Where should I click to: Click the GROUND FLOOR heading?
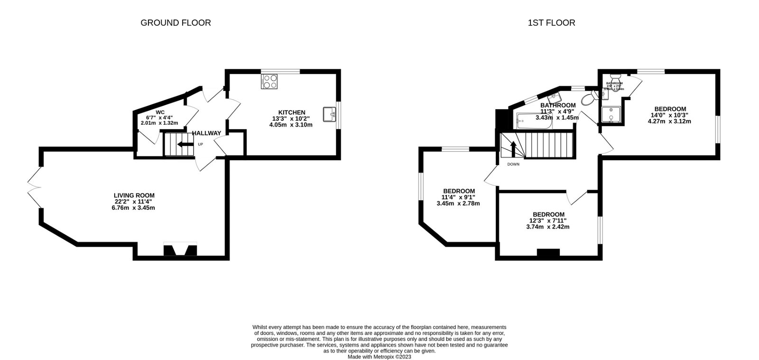click(176, 23)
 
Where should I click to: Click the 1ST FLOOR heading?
click(551, 23)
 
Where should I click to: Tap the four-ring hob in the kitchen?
click(269, 82)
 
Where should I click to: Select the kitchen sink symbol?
click(330, 114)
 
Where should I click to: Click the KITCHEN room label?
click(291, 112)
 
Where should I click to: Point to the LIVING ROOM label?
click(134, 195)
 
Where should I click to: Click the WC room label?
click(160, 112)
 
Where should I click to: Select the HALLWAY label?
click(206, 133)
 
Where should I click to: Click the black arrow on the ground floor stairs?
click(182, 145)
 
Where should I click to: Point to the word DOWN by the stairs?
click(513, 165)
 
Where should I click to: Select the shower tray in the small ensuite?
click(611, 115)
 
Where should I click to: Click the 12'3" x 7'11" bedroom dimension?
click(548, 221)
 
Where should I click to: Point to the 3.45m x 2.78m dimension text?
click(458, 203)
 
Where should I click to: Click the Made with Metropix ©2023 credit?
click(379, 357)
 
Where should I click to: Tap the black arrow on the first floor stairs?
click(513, 148)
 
